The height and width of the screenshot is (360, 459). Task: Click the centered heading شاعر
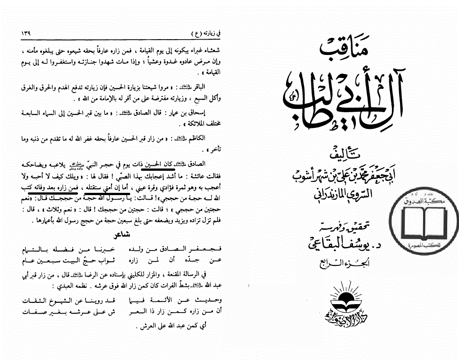click(123, 234)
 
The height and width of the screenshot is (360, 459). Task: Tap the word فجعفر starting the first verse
click(211, 249)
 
